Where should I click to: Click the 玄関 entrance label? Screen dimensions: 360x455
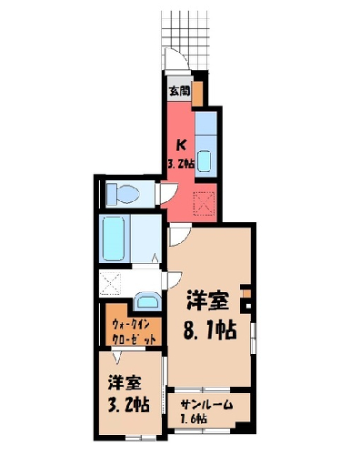[180, 91]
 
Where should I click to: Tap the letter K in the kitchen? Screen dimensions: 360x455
[181, 146]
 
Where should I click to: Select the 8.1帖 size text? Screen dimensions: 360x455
[210, 330]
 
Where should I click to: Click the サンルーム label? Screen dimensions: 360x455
[207, 405]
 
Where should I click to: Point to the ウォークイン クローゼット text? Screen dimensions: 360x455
[134, 331]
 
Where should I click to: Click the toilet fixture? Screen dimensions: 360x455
[123, 194]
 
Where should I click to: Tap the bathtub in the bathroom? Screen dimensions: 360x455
[114, 238]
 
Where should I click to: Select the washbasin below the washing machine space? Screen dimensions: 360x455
[147, 301]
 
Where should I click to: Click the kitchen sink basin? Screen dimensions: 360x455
[204, 161]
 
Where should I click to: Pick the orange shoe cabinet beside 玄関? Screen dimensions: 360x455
[197, 94]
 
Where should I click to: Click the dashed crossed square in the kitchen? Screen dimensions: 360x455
[205, 203]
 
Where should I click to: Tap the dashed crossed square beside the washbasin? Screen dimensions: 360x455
[110, 284]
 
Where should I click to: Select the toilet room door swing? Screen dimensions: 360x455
[167, 193]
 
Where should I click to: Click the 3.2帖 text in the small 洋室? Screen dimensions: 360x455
[129, 404]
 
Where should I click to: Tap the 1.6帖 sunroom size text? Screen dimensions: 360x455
[195, 420]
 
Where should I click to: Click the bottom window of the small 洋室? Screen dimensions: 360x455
[141, 438]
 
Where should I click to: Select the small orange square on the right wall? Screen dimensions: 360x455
[246, 294]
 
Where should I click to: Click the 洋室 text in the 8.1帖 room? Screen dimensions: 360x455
[208, 300]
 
